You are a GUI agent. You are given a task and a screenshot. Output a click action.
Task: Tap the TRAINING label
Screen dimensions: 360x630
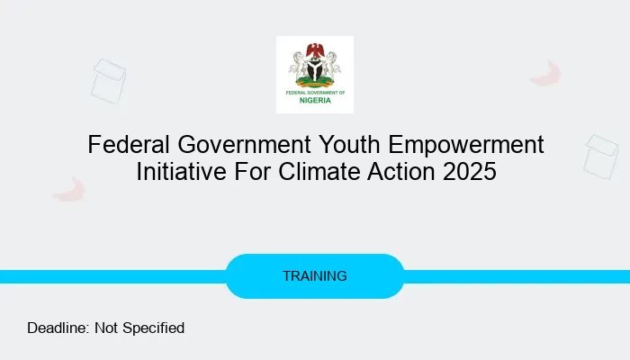pyautogui.click(x=315, y=276)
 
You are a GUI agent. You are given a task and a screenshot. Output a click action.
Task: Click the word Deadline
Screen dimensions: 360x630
pyautogui.click(x=58, y=328)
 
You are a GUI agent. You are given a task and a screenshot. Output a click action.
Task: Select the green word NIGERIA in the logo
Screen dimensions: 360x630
pyautogui.click(x=315, y=100)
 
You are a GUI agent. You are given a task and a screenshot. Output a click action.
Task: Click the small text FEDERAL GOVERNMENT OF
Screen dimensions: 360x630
pyautogui.click(x=315, y=91)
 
